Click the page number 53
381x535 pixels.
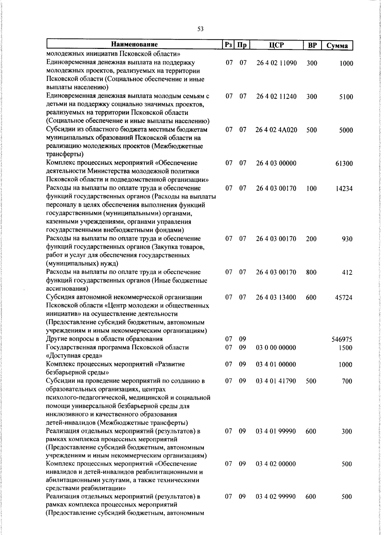point(200,29)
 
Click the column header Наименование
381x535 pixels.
point(134,44)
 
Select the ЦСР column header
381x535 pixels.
point(276,45)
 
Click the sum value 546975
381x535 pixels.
point(342,340)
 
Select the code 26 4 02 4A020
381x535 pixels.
point(276,130)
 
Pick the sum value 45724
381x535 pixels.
point(344,298)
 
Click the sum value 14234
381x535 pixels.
point(344,189)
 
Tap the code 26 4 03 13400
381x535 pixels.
point(276,298)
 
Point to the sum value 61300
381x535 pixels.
point(344,164)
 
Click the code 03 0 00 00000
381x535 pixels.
point(276,347)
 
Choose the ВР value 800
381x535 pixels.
point(311,272)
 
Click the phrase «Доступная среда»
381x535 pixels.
point(74,356)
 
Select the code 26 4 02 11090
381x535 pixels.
point(276,63)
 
